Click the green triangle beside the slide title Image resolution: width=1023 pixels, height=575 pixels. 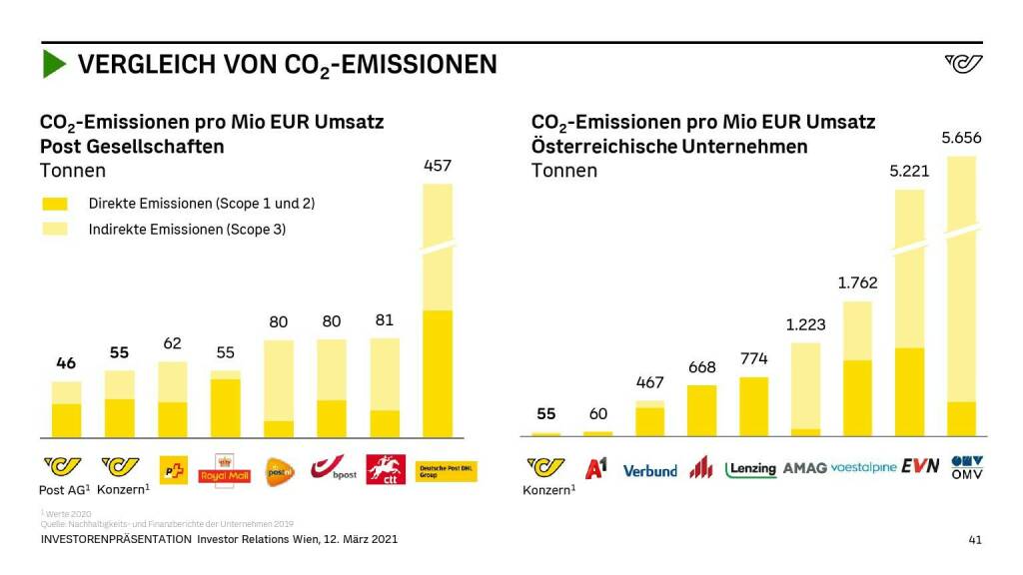(x=54, y=65)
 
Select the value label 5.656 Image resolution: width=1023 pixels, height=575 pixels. (x=961, y=138)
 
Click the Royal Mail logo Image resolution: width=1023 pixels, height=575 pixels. (x=226, y=469)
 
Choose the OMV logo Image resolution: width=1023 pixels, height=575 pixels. (x=967, y=466)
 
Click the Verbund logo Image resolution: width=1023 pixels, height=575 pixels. (x=649, y=470)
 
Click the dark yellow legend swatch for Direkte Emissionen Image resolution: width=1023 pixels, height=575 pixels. (x=55, y=204)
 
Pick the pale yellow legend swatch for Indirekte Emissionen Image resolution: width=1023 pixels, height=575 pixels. (x=55, y=229)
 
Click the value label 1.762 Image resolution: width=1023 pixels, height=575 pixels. (x=857, y=283)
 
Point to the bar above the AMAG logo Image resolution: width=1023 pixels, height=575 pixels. (x=805, y=389)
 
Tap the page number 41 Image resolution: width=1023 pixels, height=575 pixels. (x=975, y=540)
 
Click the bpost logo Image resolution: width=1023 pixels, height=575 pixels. (x=332, y=468)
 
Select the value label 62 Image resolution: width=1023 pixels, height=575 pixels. (x=172, y=343)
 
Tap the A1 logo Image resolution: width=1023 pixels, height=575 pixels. (x=596, y=467)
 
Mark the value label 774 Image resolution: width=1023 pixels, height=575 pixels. (x=753, y=358)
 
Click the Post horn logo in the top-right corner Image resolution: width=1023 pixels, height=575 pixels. (x=963, y=64)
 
